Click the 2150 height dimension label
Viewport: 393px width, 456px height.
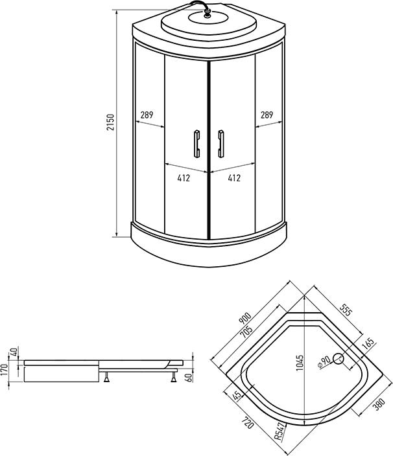[x=111, y=122]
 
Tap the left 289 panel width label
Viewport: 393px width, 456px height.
[x=147, y=115]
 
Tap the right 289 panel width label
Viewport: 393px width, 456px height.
[x=267, y=115]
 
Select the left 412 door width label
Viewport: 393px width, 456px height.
[x=184, y=177]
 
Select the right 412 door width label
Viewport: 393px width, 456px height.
[x=234, y=177]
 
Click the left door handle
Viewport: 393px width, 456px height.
[x=196, y=144]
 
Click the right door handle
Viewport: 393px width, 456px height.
[x=221, y=144]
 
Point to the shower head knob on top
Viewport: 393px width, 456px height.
[x=208, y=14]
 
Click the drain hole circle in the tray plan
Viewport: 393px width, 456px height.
[x=339, y=359]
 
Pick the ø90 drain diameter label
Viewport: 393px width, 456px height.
[x=324, y=362]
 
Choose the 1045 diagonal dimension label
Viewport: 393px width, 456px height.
[x=300, y=362]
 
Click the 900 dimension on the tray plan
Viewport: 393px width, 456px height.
[x=245, y=318]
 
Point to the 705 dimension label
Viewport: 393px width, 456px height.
[x=246, y=332]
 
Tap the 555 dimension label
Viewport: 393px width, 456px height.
[x=346, y=310]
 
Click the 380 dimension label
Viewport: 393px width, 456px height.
[x=379, y=404]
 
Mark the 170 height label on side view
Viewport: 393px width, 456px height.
[x=5, y=369]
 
